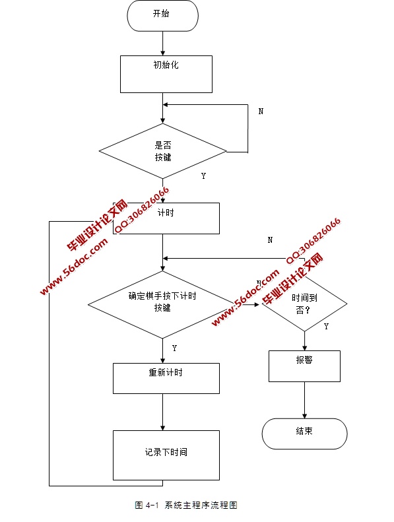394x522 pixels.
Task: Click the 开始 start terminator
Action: click(162, 15)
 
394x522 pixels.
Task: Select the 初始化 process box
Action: click(166, 73)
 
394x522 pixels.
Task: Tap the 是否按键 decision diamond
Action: click(162, 151)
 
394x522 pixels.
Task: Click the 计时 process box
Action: click(166, 218)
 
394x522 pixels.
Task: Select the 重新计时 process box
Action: click(166, 378)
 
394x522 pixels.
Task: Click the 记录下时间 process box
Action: click(166, 455)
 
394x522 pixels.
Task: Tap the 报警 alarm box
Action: click(304, 366)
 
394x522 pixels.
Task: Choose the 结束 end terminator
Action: click(304, 434)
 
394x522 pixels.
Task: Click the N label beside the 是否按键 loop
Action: click(261, 112)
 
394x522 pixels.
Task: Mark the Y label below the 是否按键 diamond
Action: click(203, 176)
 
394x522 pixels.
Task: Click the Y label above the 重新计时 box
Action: click(174, 348)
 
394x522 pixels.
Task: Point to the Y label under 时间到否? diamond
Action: click(326, 326)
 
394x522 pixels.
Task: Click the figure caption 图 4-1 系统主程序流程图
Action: click(185, 505)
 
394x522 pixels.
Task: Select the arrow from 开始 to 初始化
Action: click(162, 43)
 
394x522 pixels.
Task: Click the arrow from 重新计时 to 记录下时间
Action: click(162, 412)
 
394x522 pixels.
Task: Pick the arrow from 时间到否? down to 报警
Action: click(304, 340)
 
